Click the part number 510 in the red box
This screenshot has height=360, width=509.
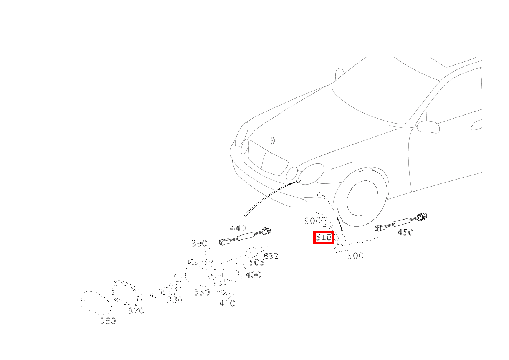[324, 237]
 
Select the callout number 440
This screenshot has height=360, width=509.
[238, 228]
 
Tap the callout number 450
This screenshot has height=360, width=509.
[405, 232]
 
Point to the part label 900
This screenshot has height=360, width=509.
[312, 221]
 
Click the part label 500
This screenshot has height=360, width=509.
[355, 256]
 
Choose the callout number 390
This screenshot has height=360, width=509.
[199, 243]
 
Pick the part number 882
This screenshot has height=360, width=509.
[271, 256]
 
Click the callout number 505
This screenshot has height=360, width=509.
[257, 263]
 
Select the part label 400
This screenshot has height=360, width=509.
[253, 275]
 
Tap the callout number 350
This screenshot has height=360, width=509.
[202, 292]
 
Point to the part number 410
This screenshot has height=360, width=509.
[227, 303]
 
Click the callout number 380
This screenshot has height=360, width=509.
[175, 300]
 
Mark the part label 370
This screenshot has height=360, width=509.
[136, 311]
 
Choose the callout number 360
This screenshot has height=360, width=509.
[108, 321]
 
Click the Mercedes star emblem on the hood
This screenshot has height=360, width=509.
[273, 141]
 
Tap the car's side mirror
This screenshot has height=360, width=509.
[428, 127]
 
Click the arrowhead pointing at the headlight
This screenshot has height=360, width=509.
[298, 181]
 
